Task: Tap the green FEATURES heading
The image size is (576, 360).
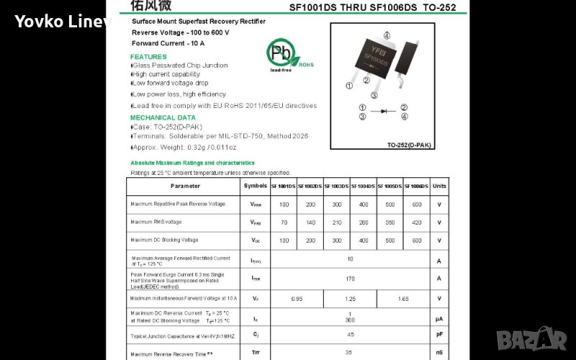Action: tap(148, 56)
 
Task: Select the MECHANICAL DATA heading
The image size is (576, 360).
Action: tap(163, 117)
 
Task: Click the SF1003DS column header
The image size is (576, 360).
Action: tap(337, 186)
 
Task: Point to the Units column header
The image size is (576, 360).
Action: tap(439, 186)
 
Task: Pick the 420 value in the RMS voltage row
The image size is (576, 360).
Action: tap(417, 222)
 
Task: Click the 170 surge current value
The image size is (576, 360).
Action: tap(350, 278)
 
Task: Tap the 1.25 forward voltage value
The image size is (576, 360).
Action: tap(350, 298)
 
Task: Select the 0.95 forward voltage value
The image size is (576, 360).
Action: tap(297, 298)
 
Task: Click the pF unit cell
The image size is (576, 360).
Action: tap(439, 335)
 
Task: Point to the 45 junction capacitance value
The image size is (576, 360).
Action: tap(350, 335)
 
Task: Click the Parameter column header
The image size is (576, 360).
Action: tap(185, 186)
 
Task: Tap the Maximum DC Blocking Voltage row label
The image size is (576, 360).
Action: tap(164, 240)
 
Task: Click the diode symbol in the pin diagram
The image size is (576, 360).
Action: tap(384, 112)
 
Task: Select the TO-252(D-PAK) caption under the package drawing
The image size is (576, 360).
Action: tap(409, 145)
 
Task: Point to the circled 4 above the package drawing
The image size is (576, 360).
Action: tap(387, 35)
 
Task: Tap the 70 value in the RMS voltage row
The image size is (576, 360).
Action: tap(284, 222)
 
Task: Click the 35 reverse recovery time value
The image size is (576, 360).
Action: tap(350, 353)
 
